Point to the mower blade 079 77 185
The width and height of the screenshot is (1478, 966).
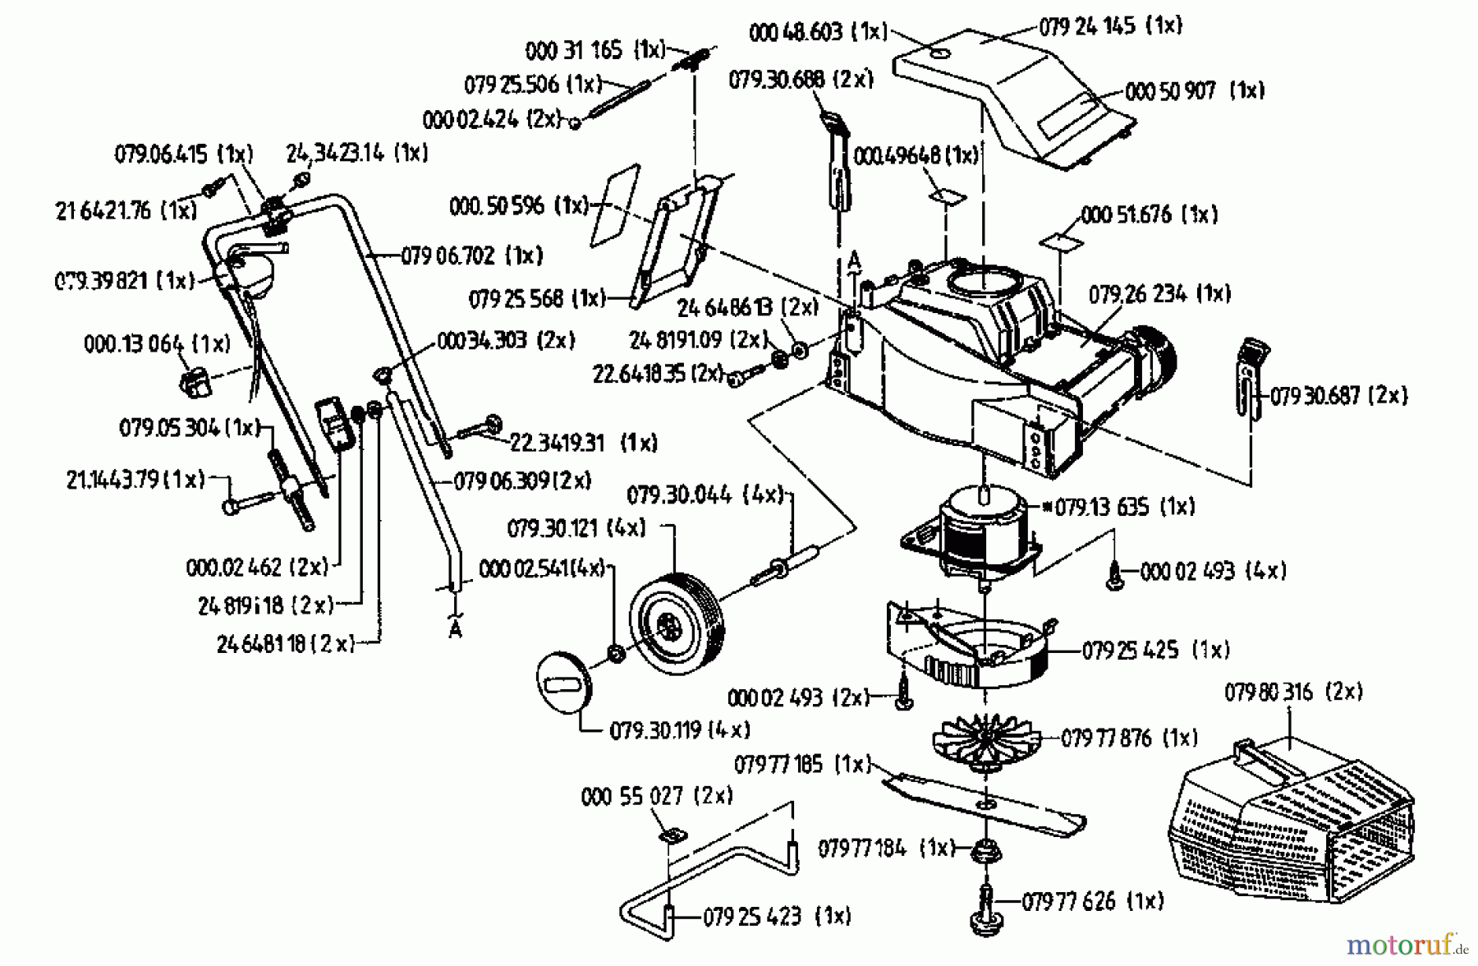tap(985, 804)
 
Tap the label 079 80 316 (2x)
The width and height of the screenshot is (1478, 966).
tap(1293, 692)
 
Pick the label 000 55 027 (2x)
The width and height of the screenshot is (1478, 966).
tap(656, 796)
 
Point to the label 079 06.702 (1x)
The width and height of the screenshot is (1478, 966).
tap(471, 255)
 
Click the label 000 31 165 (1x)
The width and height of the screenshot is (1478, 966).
tap(594, 51)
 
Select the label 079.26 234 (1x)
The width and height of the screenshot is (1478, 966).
tap(1159, 294)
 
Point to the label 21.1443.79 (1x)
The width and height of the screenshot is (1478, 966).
tap(135, 479)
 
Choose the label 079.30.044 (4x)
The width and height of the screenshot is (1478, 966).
tap(705, 495)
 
